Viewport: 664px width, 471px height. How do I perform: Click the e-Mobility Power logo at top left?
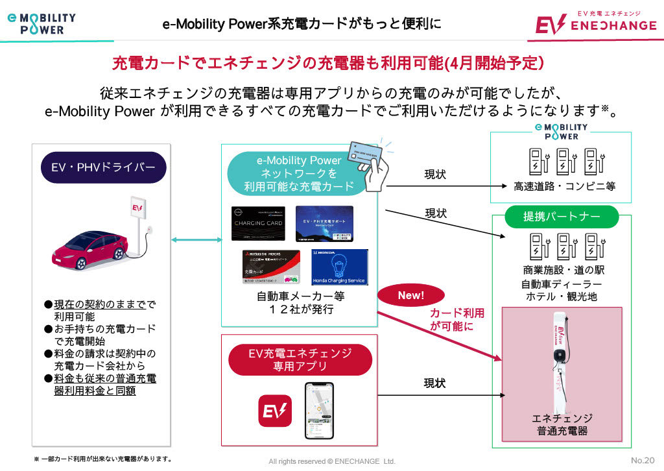click(x=41, y=23)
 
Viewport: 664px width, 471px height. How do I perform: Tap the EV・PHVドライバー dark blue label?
click(x=103, y=168)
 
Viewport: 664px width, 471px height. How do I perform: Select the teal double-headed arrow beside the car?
click(x=196, y=239)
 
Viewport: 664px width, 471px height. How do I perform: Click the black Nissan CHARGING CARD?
click(x=258, y=223)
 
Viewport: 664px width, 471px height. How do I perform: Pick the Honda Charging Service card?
click(x=339, y=267)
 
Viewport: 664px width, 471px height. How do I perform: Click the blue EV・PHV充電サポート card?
click(x=324, y=223)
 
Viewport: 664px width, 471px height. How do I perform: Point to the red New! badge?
click(x=410, y=296)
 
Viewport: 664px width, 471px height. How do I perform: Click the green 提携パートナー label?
click(x=562, y=216)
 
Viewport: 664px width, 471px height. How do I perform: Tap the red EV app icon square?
click(x=276, y=410)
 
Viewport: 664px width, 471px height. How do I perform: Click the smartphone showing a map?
click(x=319, y=410)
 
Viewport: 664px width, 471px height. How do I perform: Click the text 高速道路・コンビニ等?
click(x=564, y=186)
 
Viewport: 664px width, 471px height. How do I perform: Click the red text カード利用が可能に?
click(x=457, y=320)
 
